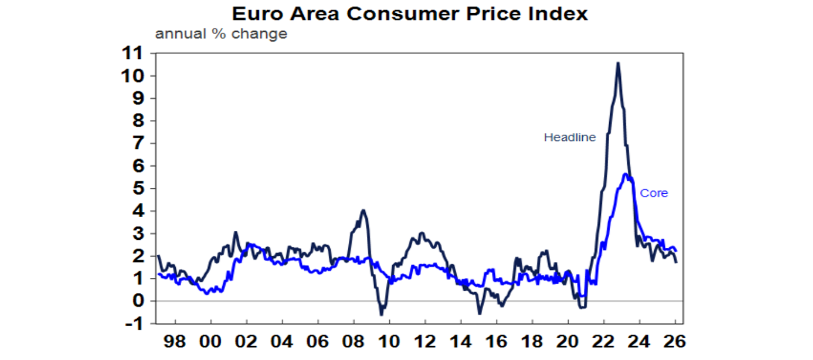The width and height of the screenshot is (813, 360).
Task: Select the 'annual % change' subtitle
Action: click(221, 34)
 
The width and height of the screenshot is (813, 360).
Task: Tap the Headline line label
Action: click(570, 138)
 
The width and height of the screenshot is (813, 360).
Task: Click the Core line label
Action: click(654, 193)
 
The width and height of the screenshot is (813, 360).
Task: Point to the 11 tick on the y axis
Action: click(132, 53)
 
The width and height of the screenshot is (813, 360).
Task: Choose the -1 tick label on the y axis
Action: click(132, 323)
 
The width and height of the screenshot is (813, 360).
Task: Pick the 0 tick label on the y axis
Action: click(139, 301)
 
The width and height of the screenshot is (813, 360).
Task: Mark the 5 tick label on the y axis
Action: click(139, 188)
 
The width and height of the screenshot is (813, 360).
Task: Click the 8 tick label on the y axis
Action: click(139, 121)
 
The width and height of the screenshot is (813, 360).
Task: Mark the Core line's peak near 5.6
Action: click(626, 174)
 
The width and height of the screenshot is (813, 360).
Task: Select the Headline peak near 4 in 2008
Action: click(363, 210)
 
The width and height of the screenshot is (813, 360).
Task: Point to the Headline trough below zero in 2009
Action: click(381, 314)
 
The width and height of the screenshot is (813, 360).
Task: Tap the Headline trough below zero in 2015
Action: click(480, 313)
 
